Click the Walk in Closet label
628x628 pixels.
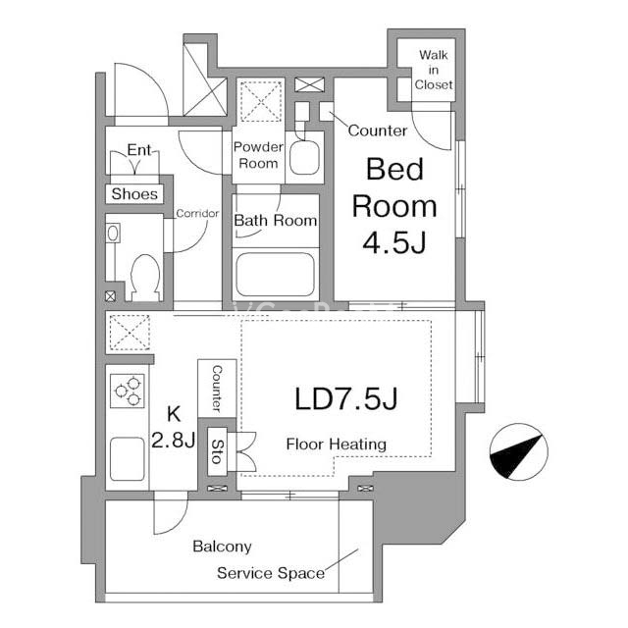(x=434, y=70)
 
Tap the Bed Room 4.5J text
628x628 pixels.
(x=394, y=206)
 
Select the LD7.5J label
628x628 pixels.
(x=346, y=399)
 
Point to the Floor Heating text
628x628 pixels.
(x=337, y=445)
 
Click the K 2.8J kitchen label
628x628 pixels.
(x=174, y=427)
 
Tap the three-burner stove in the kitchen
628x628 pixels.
(x=127, y=391)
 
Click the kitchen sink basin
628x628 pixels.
(x=127, y=458)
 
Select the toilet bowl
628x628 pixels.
(x=145, y=277)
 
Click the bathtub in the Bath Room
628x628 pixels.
(x=275, y=275)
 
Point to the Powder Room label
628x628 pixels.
(x=258, y=155)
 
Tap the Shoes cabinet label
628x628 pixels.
(x=134, y=194)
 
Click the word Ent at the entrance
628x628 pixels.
(x=139, y=150)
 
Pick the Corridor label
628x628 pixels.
(x=197, y=213)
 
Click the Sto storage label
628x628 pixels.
(x=217, y=451)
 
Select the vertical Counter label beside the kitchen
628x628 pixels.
(x=217, y=389)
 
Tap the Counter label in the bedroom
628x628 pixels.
(x=377, y=131)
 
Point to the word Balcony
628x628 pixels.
(x=223, y=547)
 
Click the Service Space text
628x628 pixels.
(x=271, y=573)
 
